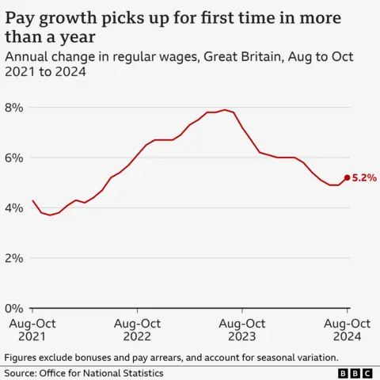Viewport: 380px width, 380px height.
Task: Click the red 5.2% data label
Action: point(364,178)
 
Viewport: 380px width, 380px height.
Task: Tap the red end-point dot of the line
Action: point(347,177)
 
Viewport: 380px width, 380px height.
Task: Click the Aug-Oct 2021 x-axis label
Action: point(32,330)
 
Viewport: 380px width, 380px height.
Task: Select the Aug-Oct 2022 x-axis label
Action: point(137,330)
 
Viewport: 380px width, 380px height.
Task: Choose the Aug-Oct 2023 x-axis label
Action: point(241,330)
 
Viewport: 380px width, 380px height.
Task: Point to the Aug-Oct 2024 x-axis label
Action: point(347,330)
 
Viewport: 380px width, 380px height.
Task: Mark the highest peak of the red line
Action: point(224,110)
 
